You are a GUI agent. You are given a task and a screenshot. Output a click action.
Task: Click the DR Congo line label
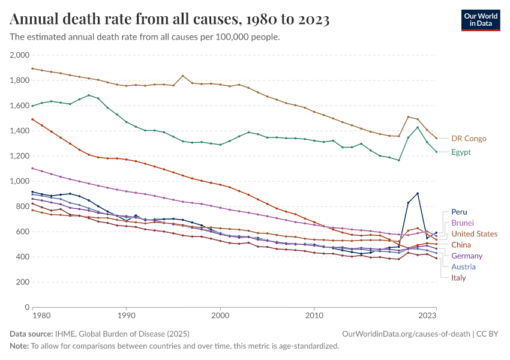(x=469, y=139)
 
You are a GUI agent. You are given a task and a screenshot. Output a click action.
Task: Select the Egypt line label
(x=461, y=152)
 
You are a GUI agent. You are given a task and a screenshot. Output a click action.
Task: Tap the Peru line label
(x=459, y=212)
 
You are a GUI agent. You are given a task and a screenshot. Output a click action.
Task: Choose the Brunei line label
(x=463, y=223)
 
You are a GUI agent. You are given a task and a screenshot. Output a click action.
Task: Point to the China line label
(x=461, y=245)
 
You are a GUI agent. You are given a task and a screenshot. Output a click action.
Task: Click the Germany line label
(x=467, y=256)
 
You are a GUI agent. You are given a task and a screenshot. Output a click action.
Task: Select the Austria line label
(x=464, y=266)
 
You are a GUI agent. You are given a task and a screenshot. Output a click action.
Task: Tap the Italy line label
(x=458, y=278)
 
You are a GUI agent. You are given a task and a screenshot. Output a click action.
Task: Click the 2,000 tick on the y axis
(x=20, y=55)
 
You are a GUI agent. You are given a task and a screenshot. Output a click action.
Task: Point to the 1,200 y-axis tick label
(x=20, y=156)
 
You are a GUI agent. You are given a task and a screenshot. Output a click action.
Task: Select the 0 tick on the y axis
(x=27, y=307)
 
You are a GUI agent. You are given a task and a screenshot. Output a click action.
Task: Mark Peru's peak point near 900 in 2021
(x=417, y=193)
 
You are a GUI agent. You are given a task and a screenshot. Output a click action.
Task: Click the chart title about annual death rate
(x=170, y=20)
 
